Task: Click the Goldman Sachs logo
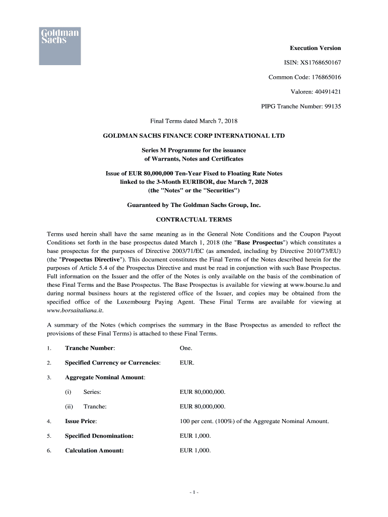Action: (x=59, y=45)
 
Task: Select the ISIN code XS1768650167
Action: (x=320, y=63)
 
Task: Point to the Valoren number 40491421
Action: (x=322, y=92)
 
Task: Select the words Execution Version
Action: (x=315, y=48)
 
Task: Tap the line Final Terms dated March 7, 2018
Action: (x=194, y=121)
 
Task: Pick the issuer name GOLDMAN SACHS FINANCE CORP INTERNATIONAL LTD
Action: (x=194, y=136)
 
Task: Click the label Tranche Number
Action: (x=90, y=348)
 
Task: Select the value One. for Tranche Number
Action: (x=186, y=348)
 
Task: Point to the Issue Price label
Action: (x=81, y=421)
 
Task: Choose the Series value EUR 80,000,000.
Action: (x=203, y=392)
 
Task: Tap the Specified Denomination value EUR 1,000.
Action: (x=195, y=436)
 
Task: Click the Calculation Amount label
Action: (x=94, y=450)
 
